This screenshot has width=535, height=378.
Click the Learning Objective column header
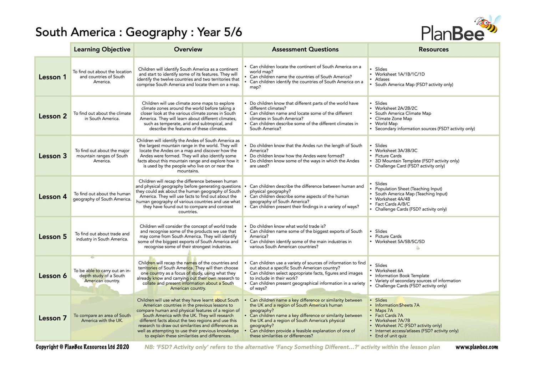(x=102, y=50)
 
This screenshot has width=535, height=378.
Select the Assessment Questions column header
(x=305, y=50)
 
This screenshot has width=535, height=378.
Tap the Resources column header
(x=433, y=50)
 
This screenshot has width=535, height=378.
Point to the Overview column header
(x=188, y=50)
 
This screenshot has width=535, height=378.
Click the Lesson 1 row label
(x=52, y=77)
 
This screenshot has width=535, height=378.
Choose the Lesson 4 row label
(x=52, y=197)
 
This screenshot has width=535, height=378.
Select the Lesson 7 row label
(x=52, y=318)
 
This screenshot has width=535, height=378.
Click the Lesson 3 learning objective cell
(x=102, y=156)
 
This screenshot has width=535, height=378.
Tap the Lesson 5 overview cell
(x=188, y=237)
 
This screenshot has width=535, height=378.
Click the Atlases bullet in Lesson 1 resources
(x=382, y=79)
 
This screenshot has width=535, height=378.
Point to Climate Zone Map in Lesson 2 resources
(x=393, y=119)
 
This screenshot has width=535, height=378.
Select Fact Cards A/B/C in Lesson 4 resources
(x=392, y=204)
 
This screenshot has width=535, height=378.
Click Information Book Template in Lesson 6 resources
(x=402, y=276)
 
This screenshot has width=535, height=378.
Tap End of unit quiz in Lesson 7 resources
(x=391, y=336)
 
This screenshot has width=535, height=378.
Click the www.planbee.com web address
(x=477, y=347)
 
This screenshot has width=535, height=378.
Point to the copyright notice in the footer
(x=82, y=347)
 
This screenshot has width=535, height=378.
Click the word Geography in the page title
(x=157, y=32)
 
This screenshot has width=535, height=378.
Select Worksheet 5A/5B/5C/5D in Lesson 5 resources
(x=399, y=242)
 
